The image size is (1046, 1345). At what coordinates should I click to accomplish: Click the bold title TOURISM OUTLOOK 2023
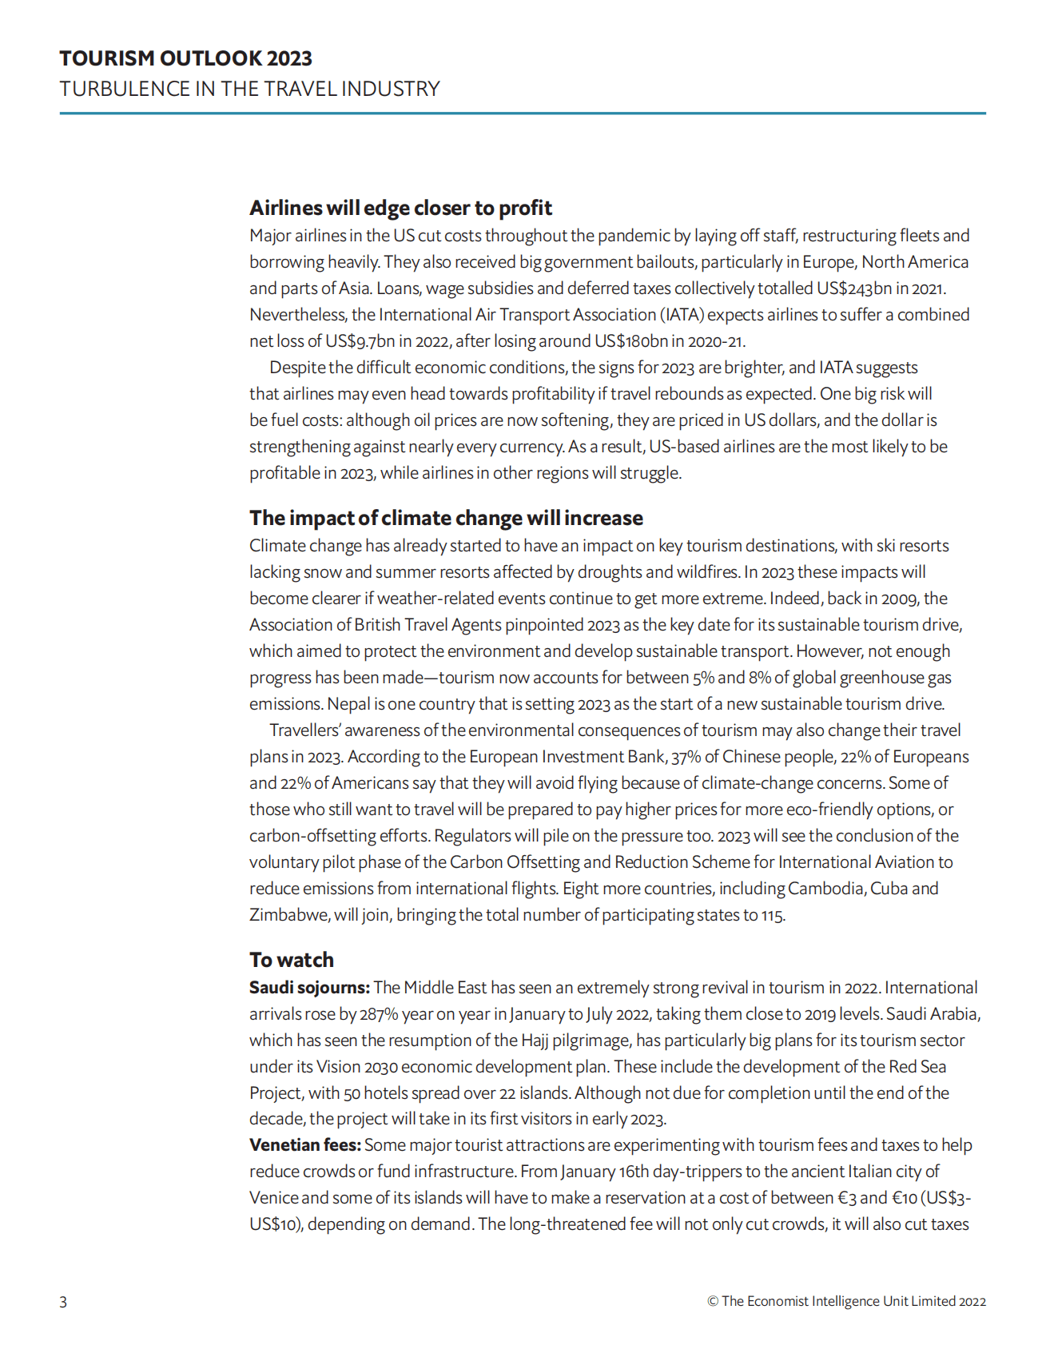185,58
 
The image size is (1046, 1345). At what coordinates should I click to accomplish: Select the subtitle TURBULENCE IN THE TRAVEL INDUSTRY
249,89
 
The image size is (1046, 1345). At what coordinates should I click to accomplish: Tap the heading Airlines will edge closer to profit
400,208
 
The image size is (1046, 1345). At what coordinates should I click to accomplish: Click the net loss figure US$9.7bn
360,341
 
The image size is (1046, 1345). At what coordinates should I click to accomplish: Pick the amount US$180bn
631,341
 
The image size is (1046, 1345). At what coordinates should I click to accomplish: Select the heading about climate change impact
446,518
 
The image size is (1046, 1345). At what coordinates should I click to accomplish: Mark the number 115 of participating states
772,915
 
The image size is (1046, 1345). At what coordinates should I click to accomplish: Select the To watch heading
292,960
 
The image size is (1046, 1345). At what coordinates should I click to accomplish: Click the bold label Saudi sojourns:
309,988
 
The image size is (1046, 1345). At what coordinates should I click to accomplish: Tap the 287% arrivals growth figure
378,1014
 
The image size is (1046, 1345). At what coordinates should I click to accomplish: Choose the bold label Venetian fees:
305,1145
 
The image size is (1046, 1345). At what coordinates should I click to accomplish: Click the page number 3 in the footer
63,1302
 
